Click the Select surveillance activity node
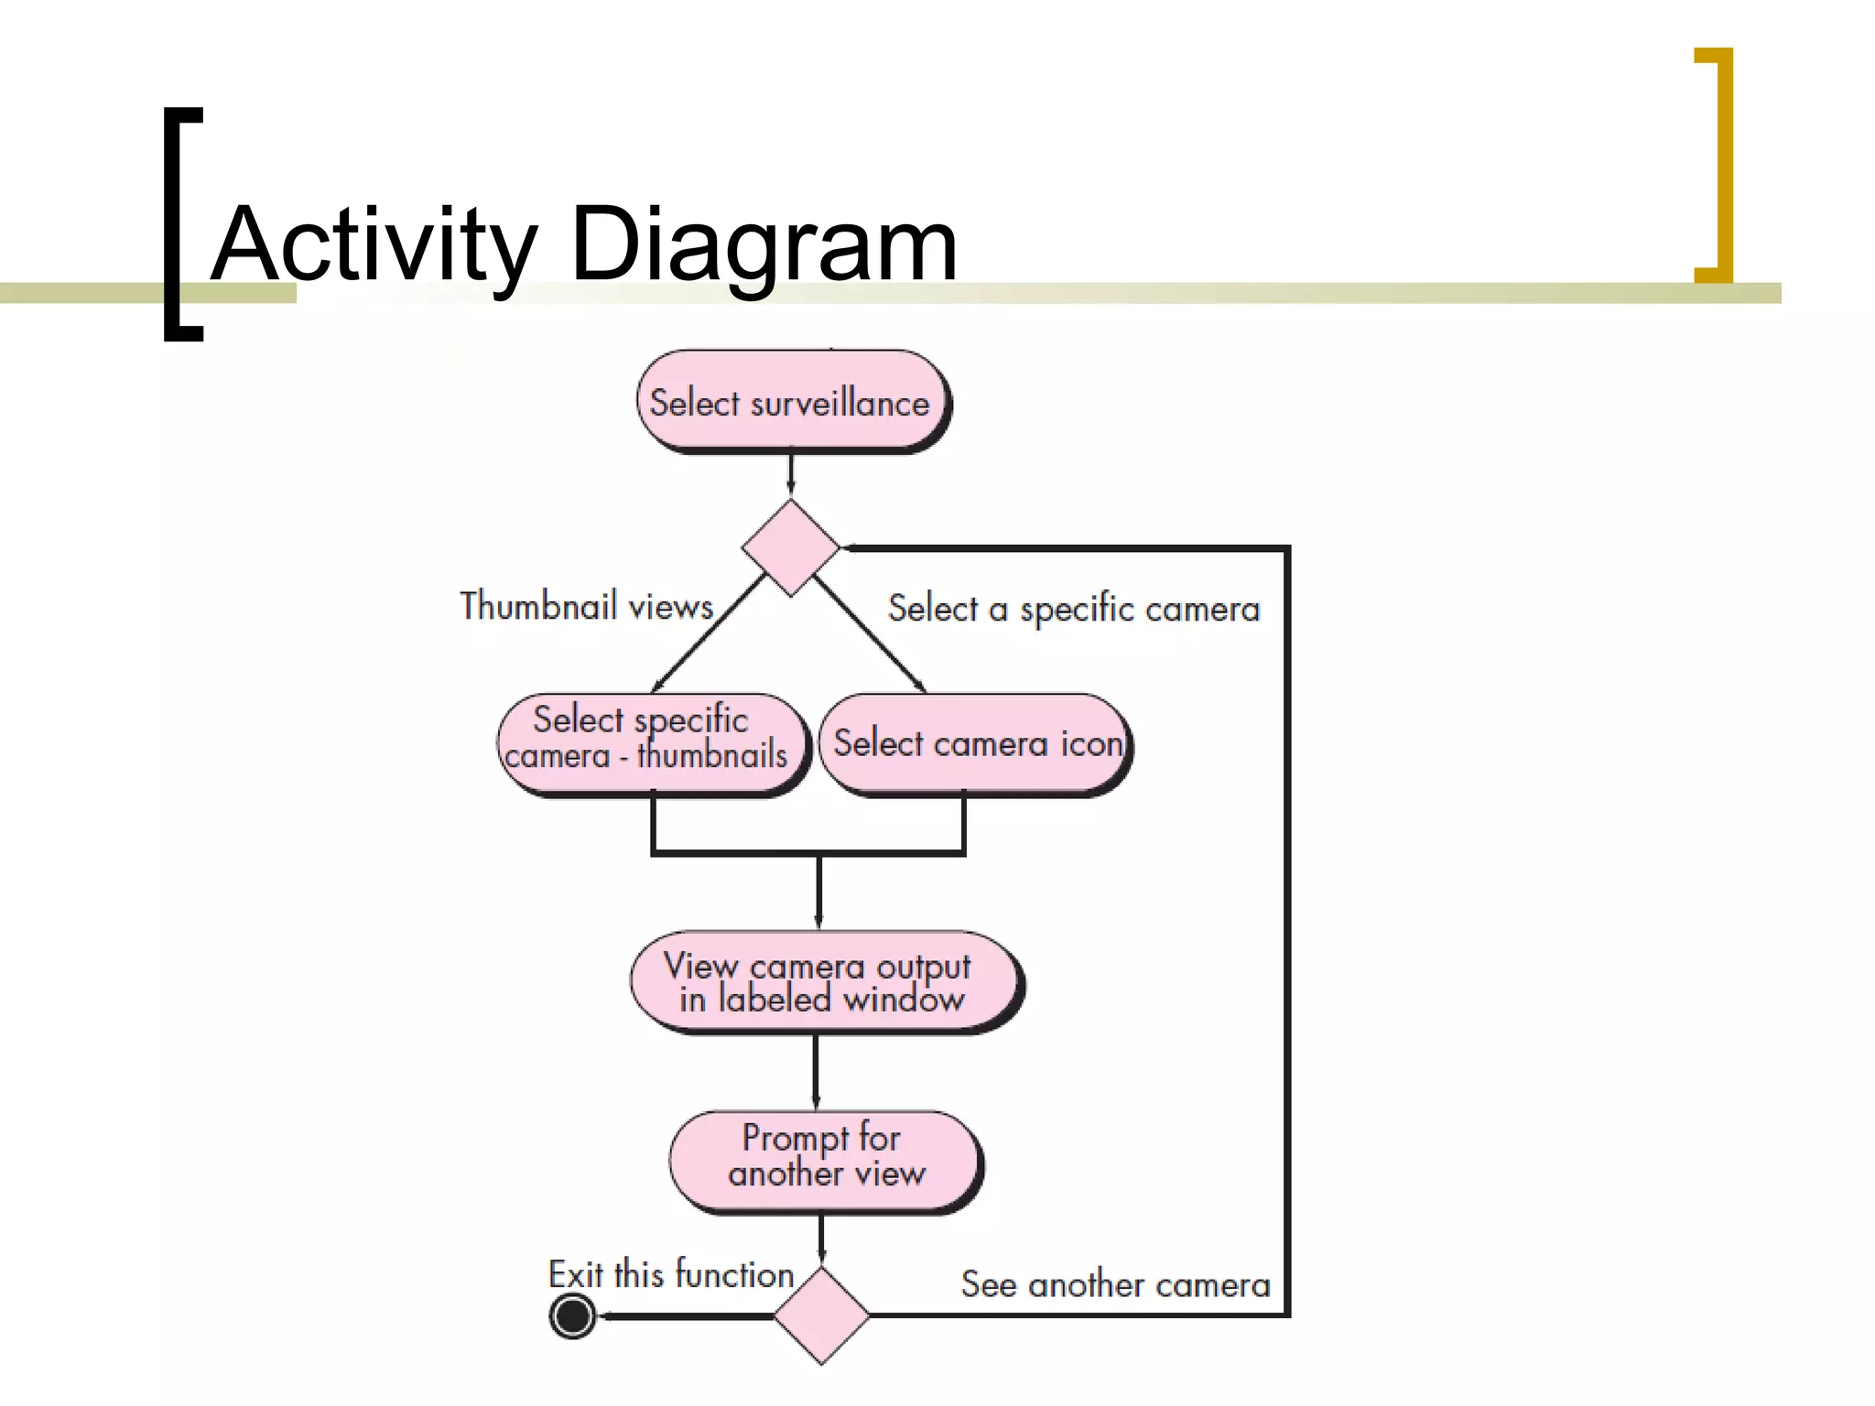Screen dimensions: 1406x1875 (x=793, y=402)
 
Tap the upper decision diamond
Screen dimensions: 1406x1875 (x=791, y=547)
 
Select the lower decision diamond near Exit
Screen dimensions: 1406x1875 (x=821, y=1315)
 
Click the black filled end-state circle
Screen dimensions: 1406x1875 (x=573, y=1316)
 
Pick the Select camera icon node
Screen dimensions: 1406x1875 (x=976, y=743)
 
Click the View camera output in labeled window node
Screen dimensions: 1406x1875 (x=824, y=982)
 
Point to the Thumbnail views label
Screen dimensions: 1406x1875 (x=586, y=606)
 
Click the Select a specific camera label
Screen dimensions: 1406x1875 (x=1073, y=609)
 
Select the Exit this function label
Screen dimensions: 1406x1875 (x=670, y=1274)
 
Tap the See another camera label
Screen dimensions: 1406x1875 (x=1115, y=1285)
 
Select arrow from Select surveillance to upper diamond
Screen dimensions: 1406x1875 (x=791, y=474)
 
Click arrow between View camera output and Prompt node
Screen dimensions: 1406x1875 (x=817, y=1071)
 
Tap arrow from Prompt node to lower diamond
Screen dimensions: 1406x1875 (x=821, y=1239)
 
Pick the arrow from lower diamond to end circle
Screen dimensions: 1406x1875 (x=687, y=1316)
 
